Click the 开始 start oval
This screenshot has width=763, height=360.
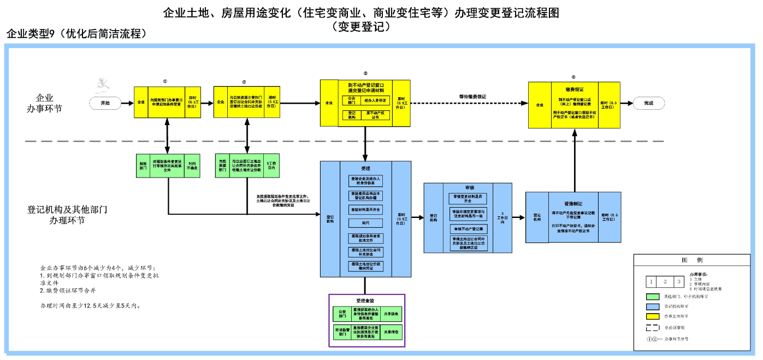[x=105, y=103]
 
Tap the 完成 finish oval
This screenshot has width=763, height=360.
[x=648, y=103]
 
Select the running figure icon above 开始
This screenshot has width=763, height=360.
[x=103, y=84]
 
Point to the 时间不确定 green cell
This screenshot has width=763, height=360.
[x=192, y=166]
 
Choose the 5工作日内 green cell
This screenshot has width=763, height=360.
[x=271, y=166]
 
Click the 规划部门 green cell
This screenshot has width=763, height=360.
[x=143, y=166]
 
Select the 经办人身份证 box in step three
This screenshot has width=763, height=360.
[x=376, y=101]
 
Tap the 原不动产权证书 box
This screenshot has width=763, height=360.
[x=376, y=115]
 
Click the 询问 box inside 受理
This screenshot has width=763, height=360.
[x=365, y=223]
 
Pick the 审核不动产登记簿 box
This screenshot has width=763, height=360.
[x=469, y=229]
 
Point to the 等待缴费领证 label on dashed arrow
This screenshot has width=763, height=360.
[x=473, y=97]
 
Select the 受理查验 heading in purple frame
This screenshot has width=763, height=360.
[x=365, y=301]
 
